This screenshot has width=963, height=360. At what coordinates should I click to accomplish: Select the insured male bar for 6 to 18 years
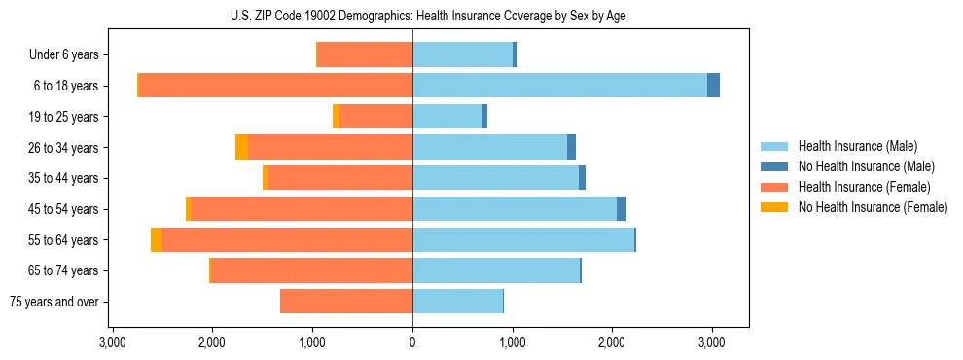point(559,86)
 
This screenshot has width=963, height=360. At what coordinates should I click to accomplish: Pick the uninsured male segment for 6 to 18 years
point(713,86)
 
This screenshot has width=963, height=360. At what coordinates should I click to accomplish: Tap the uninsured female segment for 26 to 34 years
point(241,147)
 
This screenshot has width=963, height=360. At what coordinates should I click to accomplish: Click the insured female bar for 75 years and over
point(346,302)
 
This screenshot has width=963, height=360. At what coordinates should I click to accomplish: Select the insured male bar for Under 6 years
point(462,55)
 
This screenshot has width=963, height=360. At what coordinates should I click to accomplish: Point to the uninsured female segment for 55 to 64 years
point(156,240)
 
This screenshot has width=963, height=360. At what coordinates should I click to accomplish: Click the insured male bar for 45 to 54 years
point(515,209)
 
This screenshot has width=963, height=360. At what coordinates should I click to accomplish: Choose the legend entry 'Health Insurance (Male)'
point(857,146)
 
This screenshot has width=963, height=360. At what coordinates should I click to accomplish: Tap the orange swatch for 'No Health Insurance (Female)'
point(774,207)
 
